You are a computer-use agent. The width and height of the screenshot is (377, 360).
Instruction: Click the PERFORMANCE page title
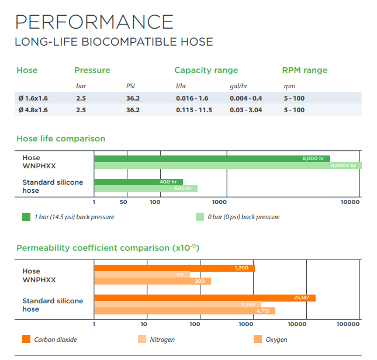point(94,22)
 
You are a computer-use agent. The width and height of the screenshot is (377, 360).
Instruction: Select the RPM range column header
point(305,70)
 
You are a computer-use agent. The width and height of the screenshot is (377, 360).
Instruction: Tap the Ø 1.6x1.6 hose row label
point(33,98)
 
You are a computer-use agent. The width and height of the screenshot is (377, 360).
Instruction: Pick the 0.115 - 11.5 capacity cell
point(193,110)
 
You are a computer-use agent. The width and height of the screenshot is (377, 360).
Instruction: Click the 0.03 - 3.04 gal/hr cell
point(245,110)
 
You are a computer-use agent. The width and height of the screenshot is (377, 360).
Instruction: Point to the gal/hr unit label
point(238,86)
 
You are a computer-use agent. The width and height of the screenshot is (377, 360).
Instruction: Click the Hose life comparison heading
point(61,139)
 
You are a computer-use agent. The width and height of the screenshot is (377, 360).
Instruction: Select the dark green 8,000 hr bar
point(212,158)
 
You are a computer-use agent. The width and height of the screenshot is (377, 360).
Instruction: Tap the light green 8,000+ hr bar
point(227,165)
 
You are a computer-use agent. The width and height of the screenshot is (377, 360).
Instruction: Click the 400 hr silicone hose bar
point(138,182)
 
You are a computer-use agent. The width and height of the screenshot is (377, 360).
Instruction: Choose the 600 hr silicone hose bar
point(146,189)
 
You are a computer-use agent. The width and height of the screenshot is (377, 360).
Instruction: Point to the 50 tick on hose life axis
point(123,202)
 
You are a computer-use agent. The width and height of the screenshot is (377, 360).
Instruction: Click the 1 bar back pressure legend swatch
point(26,217)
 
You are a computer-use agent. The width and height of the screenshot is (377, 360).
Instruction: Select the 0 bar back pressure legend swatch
point(199,217)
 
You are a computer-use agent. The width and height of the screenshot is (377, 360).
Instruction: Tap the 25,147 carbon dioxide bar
point(205,298)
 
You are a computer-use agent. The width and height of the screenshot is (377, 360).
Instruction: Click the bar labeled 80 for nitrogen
point(141,275)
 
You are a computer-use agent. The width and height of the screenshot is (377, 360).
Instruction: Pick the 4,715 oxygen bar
point(184,311)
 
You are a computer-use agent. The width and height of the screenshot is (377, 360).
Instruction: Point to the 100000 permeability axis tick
point(348,323)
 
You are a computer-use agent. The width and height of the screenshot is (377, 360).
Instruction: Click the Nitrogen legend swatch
point(141,339)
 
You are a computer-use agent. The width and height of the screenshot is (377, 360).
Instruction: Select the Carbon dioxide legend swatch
point(26,339)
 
